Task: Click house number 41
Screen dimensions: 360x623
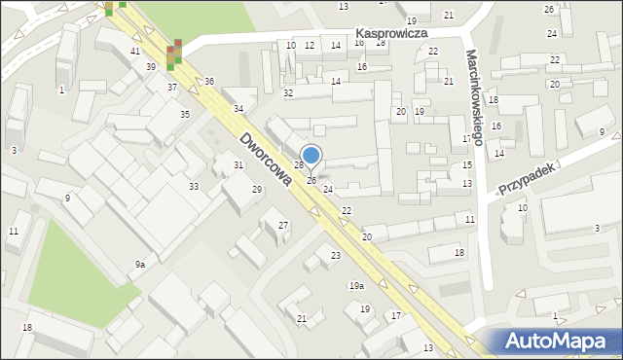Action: click(135, 51)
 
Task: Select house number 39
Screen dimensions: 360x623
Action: click(151, 66)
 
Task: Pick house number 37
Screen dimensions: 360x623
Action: click(172, 88)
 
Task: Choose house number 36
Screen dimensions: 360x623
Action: click(209, 81)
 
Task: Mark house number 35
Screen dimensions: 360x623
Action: click(184, 115)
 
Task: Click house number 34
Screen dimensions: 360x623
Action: click(238, 108)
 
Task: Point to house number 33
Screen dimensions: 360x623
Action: click(194, 186)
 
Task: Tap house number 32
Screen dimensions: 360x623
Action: click(288, 92)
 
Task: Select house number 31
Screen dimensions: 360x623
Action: click(238, 165)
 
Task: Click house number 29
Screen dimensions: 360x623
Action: click(257, 189)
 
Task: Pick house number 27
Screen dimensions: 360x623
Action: click(283, 226)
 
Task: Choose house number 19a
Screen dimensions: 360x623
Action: click(357, 285)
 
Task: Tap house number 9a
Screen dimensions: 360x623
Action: click(140, 265)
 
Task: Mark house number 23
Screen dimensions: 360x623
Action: click(336, 255)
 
